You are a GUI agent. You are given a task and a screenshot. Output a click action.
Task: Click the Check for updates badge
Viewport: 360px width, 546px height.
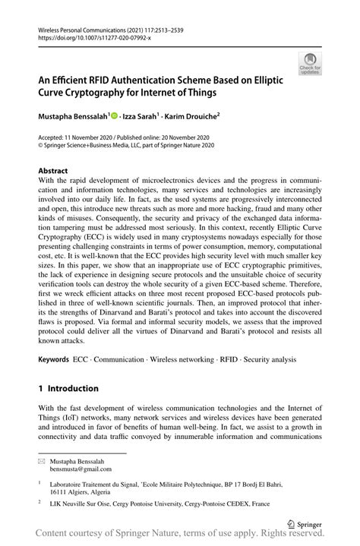tap(309, 65)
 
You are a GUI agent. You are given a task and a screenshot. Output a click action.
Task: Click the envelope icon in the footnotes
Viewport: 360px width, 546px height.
tap(43, 459)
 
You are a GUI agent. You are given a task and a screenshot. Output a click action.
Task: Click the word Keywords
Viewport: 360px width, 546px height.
tap(55, 358)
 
